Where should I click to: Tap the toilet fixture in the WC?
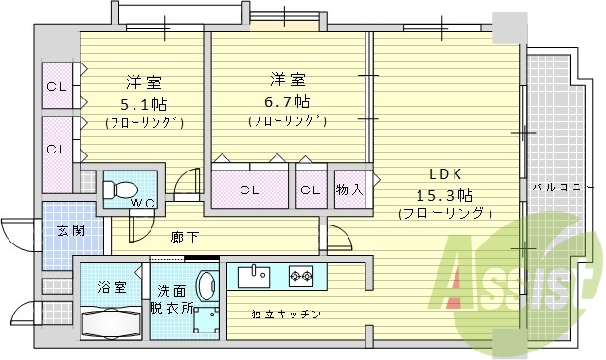(x=123, y=185)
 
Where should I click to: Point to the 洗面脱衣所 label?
(x=173, y=299)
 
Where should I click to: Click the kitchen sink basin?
(x=253, y=277)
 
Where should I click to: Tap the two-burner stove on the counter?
(x=300, y=277)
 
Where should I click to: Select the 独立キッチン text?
(x=286, y=314)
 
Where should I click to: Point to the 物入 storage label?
(x=349, y=189)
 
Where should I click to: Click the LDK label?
(x=445, y=174)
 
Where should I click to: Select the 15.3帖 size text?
(x=445, y=194)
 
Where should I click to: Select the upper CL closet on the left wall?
(x=58, y=87)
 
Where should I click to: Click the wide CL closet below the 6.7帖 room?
(x=249, y=189)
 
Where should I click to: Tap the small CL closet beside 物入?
(x=310, y=189)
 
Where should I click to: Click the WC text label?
(x=143, y=203)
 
